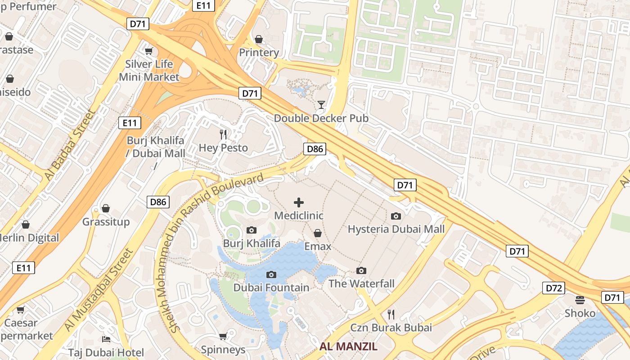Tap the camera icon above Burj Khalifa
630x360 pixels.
[252, 230]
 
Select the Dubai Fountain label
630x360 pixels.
[271, 288]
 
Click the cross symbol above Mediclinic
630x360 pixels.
[299, 202]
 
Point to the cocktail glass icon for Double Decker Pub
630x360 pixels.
[321, 105]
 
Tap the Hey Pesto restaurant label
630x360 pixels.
[223, 148]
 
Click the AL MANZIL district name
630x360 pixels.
[348, 346]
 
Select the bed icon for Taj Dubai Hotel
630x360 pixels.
[106, 339]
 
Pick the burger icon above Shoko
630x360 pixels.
[580, 300]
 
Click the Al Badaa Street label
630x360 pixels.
[69, 145]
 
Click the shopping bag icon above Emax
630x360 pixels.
[318, 233]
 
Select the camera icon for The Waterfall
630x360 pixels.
[361, 270]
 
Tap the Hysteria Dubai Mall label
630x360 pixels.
[396, 229]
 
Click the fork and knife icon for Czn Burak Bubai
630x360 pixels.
[391, 314]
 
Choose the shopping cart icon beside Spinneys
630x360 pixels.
[223, 336]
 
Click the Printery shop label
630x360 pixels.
[259, 52]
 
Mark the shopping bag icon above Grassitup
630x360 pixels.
[106, 208]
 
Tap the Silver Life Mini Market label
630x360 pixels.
[149, 70]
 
